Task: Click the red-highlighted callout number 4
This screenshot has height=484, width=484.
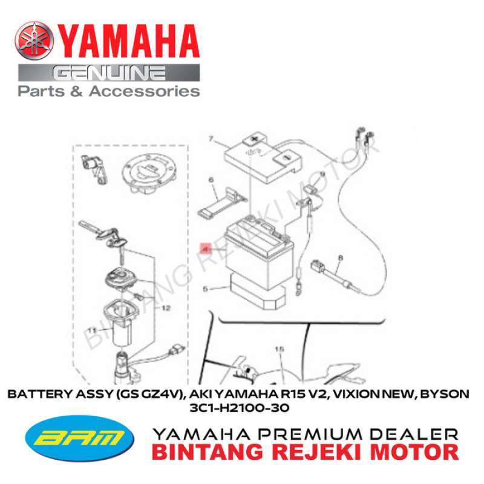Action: (205, 248)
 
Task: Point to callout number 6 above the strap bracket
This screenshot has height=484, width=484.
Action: (211, 180)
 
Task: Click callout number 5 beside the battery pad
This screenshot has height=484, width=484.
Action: (205, 290)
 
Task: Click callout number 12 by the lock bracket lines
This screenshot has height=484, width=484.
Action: (166, 307)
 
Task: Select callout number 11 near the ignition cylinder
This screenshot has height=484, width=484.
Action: (93, 330)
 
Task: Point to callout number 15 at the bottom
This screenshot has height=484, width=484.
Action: (279, 349)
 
